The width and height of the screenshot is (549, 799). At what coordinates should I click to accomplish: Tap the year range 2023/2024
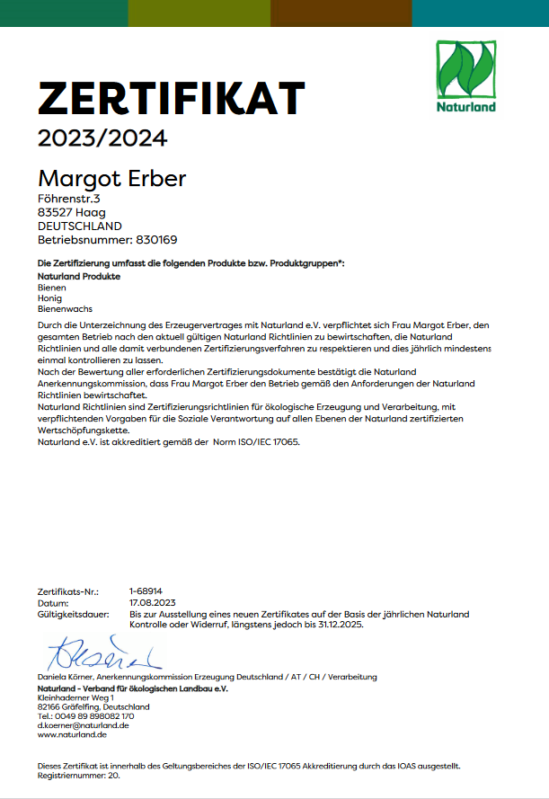pos(102,139)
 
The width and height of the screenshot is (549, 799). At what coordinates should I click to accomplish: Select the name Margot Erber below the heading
pos(111,179)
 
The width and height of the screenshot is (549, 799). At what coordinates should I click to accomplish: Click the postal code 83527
pos(54,212)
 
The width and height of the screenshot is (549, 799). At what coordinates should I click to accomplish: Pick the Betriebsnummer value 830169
pos(156,240)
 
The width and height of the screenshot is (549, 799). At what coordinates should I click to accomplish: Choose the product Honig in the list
pos(50,298)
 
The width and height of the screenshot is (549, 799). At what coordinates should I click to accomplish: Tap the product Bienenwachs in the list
pos(60,309)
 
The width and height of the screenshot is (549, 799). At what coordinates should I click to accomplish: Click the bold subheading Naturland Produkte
pos(79,277)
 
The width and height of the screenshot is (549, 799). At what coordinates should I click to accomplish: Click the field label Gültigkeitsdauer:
pos(73,614)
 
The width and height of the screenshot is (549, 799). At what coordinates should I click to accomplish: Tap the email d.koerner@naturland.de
pos(83,725)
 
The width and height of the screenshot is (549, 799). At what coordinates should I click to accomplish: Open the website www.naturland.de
pos(72,735)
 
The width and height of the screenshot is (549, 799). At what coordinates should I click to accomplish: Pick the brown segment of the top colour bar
pos(341,13)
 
